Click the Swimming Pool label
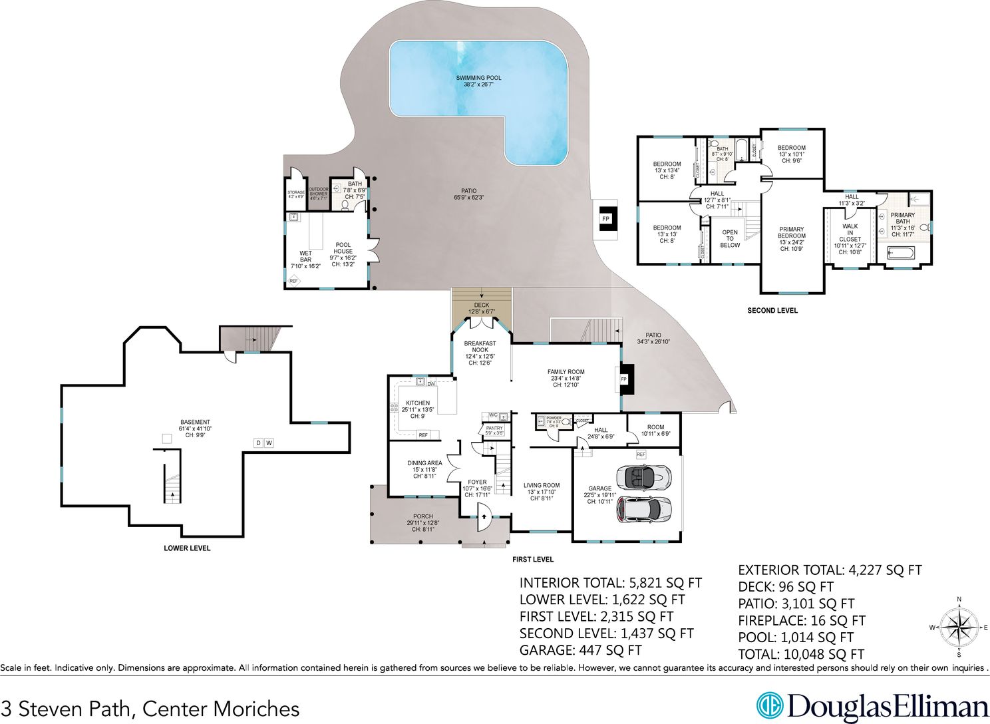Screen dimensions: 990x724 coord(478,81)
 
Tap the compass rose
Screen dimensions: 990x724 coord(958,626)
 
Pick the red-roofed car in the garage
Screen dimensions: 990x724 coord(643,510)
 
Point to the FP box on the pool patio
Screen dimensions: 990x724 coord(606,219)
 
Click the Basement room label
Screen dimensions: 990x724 coord(195,429)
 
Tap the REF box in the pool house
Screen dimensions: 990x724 coord(293,281)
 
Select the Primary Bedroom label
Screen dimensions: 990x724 coord(792,239)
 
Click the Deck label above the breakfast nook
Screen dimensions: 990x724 coord(482,308)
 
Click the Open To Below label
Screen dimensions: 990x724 coord(730,238)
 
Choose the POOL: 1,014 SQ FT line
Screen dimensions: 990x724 coord(796,637)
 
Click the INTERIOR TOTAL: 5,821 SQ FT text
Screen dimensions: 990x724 coord(610,583)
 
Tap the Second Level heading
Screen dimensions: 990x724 coord(772,311)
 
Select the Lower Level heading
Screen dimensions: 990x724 coord(187,548)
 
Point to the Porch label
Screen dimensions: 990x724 coord(422,520)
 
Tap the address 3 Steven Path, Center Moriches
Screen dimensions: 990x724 coord(150,709)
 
